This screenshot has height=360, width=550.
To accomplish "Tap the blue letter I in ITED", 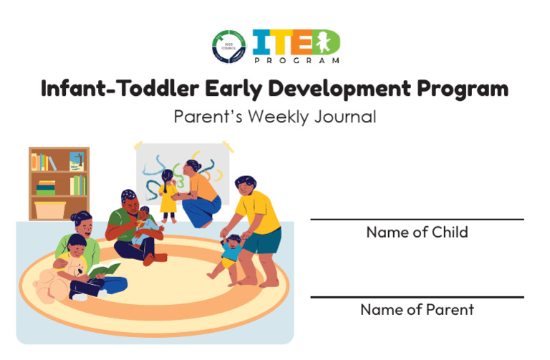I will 259,43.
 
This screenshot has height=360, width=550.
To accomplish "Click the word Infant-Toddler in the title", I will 119,89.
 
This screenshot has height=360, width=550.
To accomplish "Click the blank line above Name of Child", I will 417,219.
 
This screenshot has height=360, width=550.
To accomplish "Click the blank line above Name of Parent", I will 417,296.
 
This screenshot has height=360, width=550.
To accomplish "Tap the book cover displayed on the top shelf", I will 76,161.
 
